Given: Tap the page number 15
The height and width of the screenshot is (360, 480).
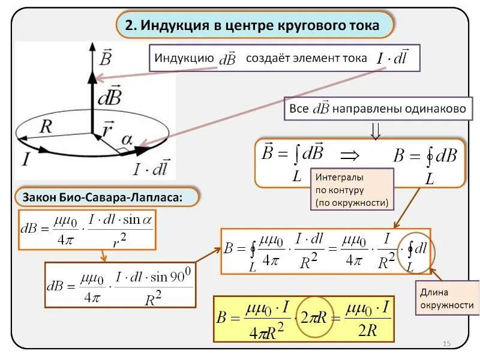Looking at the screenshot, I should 446,343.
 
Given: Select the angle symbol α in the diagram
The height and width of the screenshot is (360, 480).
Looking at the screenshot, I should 127,139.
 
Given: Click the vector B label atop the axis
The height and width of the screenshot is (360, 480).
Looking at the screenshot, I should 105,57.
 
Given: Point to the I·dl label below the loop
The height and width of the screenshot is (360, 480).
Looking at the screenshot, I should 150,168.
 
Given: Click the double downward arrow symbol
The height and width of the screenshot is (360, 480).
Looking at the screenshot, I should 376,130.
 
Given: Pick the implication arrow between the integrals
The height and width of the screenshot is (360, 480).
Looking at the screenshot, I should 349,155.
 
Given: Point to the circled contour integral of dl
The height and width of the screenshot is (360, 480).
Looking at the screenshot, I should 416,252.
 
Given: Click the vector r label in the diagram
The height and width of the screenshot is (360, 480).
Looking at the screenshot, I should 109,129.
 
